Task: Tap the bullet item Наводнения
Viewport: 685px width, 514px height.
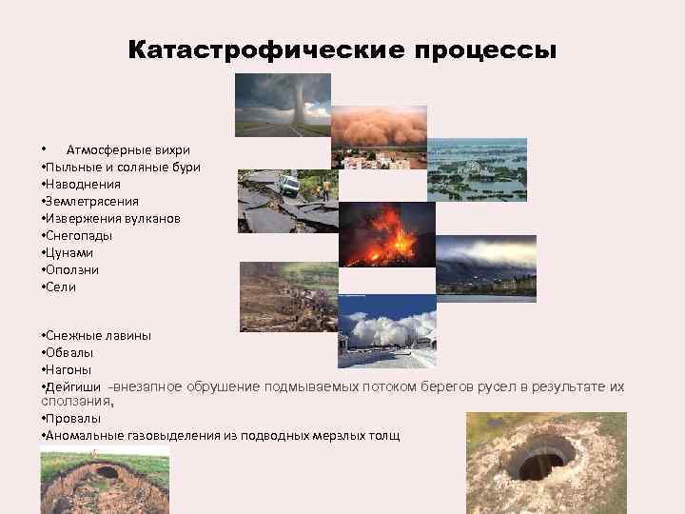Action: (x=79, y=185)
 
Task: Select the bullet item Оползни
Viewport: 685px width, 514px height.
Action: (x=71, y=270)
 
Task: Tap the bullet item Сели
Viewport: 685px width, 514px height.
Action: (x=60, y=287)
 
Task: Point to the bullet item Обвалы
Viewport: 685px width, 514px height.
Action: (x=68, y=352)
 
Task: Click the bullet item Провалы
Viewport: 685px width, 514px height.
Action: (x=72, y=419)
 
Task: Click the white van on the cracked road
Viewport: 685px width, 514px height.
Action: (x=289, y=185)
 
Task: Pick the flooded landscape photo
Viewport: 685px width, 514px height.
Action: (x=477, y=169)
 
